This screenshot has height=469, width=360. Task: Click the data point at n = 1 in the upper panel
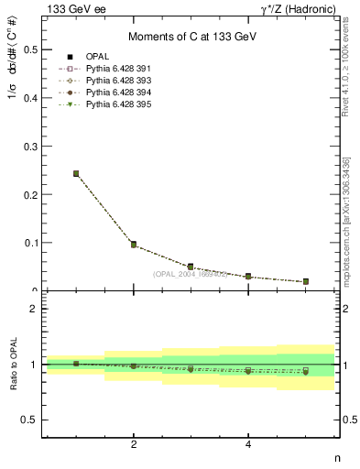coord(76,173)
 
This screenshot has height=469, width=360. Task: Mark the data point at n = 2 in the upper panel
coord(134,245)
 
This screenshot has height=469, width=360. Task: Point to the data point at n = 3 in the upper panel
coord(191,267)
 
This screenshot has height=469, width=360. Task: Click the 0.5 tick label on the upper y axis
coord(30,49)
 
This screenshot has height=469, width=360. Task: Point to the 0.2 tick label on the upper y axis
coord(30,194)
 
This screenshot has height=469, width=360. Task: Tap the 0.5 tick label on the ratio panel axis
coord(30,420)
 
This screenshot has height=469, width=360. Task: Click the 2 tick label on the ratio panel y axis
coord(35,309)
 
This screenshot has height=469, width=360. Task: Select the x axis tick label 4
coord(248,444)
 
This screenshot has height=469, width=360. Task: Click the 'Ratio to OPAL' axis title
coord(13,365)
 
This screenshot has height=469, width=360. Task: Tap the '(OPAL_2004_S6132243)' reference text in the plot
coord(191,274)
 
